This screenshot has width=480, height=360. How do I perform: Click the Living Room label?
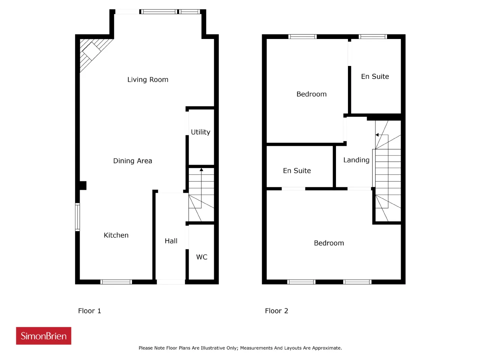pos(148,79)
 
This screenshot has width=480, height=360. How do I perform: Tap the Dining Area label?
pos(132,161)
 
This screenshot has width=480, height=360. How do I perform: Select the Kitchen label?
pos(116,235)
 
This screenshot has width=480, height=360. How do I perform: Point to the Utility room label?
pos(201,132)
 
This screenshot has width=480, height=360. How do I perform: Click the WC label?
pos(202,257)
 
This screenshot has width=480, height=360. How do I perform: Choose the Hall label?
pos(171,241)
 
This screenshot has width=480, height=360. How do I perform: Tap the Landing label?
pos(357,160)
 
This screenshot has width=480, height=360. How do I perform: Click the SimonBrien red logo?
pos(43,336)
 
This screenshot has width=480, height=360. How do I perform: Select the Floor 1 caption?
pos(90,311)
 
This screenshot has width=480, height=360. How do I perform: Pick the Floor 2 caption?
pos(277,311)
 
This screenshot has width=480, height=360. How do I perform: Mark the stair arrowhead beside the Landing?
pos(377,135)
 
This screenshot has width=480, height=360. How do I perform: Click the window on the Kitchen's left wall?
pos(77,217)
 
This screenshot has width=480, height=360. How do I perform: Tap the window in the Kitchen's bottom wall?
pos(116,282)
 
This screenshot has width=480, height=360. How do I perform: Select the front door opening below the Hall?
pos(171,282)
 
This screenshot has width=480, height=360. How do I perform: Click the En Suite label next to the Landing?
pos(297,171)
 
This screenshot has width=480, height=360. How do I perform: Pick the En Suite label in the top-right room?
pos(375,76)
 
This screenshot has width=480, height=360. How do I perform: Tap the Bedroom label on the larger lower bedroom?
pos(329,243)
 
